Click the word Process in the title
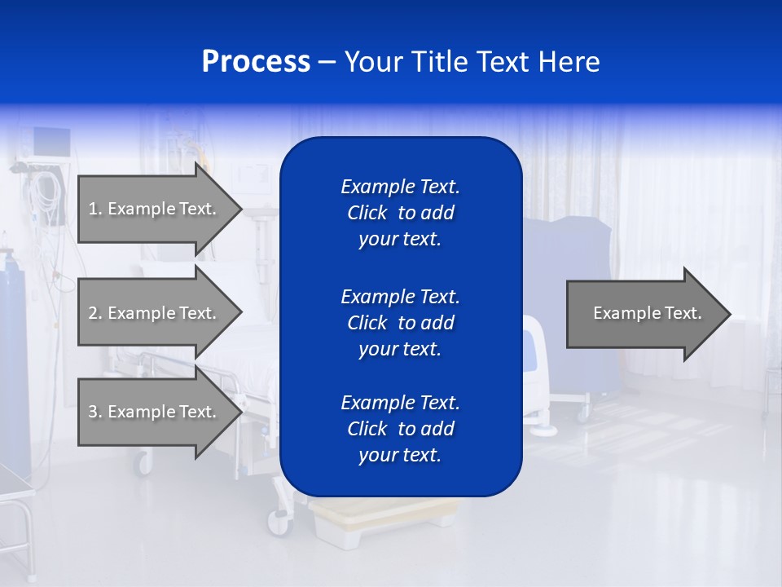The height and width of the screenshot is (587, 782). coord(256,62)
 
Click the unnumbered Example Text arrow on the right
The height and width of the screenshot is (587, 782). coord(647,313)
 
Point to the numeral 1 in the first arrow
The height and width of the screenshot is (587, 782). coord(93,209)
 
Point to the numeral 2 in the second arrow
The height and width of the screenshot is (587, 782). coord(93,313)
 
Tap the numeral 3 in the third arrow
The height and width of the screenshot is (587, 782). coord(93,412)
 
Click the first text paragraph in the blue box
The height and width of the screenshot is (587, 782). coord(400,213)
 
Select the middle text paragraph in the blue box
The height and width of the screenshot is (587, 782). coord(400,323)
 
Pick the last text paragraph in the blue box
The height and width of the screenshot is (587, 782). coord(400,429)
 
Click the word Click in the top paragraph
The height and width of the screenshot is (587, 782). coord(367,214)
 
